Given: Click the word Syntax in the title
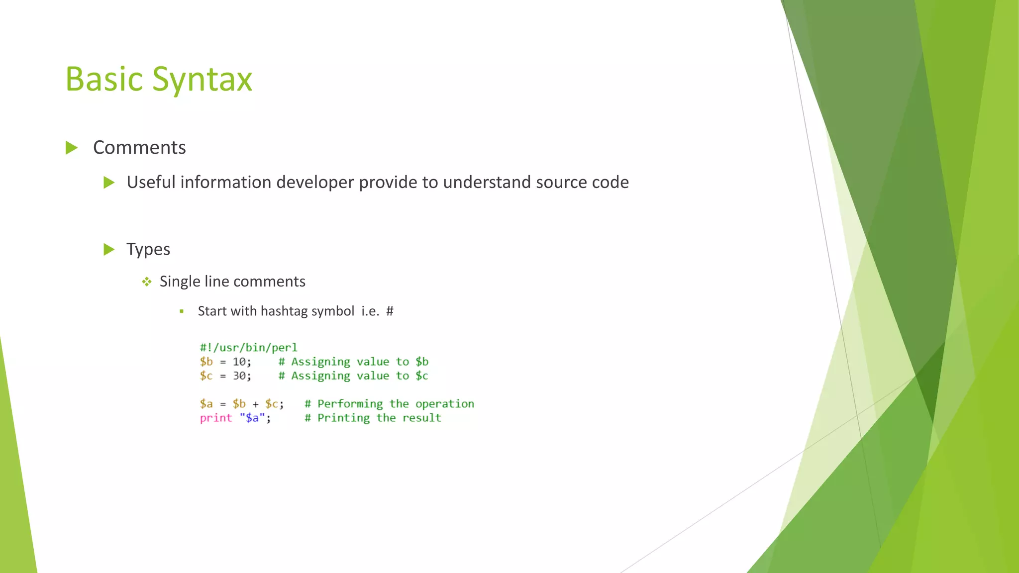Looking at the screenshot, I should point(202,80).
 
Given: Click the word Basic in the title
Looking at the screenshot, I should point(104,80).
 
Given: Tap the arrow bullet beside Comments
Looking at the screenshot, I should point(72,148).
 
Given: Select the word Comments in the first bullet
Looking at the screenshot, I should point(139,148).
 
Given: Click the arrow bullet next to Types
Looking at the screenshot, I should point(109,249).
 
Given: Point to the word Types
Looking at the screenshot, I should point(148,249).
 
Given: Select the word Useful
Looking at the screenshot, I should point(151,183).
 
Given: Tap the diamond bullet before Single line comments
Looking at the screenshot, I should point(146,282).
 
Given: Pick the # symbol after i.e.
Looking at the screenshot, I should point(390,311).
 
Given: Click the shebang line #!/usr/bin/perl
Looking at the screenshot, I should point(248,348).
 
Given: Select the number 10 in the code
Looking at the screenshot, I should point(239,362).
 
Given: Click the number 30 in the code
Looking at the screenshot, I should point(239,376).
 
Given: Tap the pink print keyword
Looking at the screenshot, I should point(216,418).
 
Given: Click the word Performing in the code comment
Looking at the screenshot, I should point(350,404).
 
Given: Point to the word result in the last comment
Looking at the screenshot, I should point(421,418).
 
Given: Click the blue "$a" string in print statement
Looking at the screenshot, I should point(252,418).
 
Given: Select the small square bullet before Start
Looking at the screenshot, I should point(182,311).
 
